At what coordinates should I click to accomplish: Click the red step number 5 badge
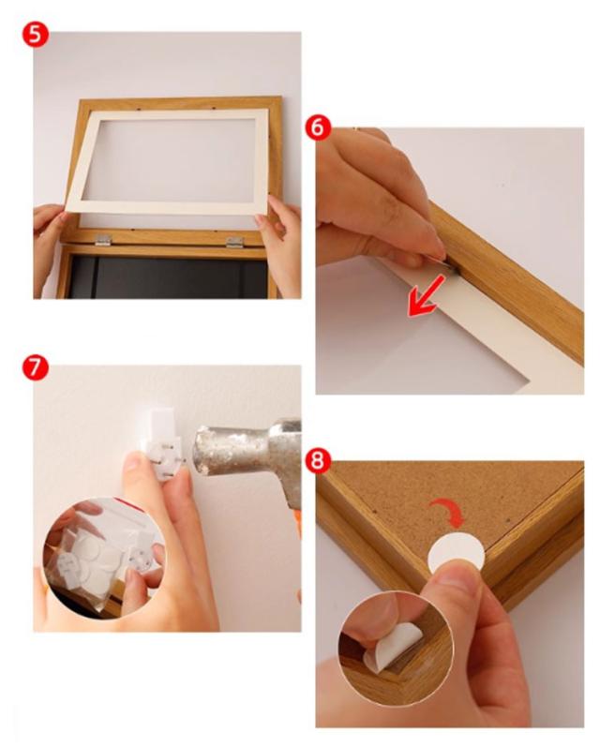[36, 35]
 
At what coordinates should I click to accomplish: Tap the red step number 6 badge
[318, 128]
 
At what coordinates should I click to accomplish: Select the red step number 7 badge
[36, 368]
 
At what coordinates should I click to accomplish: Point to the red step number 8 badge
[318, 461]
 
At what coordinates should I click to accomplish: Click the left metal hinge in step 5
[102, 240]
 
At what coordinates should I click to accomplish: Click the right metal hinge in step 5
[234, 242]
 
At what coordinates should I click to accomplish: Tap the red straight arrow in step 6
[427, 296]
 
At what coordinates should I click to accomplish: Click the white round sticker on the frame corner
[456, 554]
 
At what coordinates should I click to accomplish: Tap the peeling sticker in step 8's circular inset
[392, 647]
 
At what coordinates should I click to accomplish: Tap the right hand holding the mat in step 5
[278, 243]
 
